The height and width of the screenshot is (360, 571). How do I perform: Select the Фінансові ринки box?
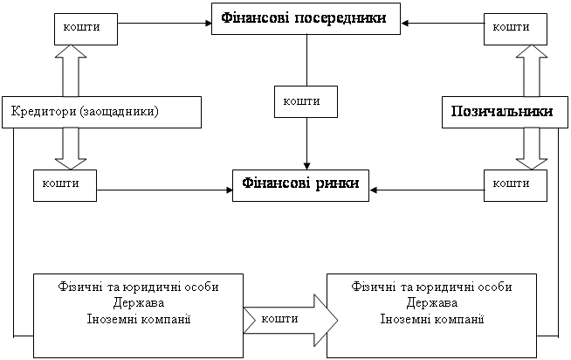tap(300, 185)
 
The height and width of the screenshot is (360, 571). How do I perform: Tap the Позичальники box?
tap(502, 112)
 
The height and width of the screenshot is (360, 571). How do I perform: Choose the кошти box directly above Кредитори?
tap(84, 27)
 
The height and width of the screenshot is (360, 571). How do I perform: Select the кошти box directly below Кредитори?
tap(65, 183)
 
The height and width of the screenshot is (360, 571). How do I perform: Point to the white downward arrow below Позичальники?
tap(529, 148)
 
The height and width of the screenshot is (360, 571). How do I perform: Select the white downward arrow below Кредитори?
tap(72, 148)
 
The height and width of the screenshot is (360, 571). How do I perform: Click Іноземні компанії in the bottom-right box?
tap(432, 316)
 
